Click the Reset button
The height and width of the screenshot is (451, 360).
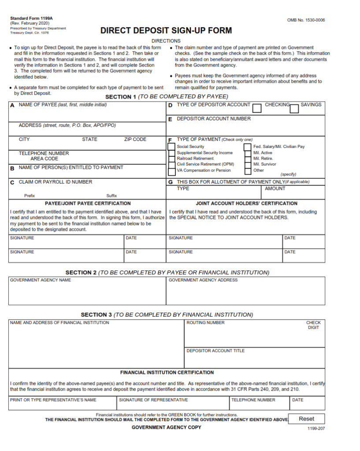coord(306,419)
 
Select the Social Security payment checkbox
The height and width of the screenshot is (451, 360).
coord(171,146)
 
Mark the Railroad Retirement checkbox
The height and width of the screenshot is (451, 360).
coord(171,159)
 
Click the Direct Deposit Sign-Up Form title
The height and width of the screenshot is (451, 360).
coord(166,31)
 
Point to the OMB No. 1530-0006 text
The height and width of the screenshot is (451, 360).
coord(306,20)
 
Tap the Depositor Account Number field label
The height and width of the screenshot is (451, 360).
coord(213,119)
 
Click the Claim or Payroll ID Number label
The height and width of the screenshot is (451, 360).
coord(56,182)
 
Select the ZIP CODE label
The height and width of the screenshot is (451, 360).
coord(135,140)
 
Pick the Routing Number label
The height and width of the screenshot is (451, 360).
coord(205,323)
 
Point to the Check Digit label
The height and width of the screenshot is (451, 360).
coord(313,325)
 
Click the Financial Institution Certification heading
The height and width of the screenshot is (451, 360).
coord(167,373)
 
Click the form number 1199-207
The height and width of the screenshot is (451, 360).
coord(316,428)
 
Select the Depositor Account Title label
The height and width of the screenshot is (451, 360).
coord(215,351)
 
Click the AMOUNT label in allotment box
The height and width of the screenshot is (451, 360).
coord(275,189)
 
